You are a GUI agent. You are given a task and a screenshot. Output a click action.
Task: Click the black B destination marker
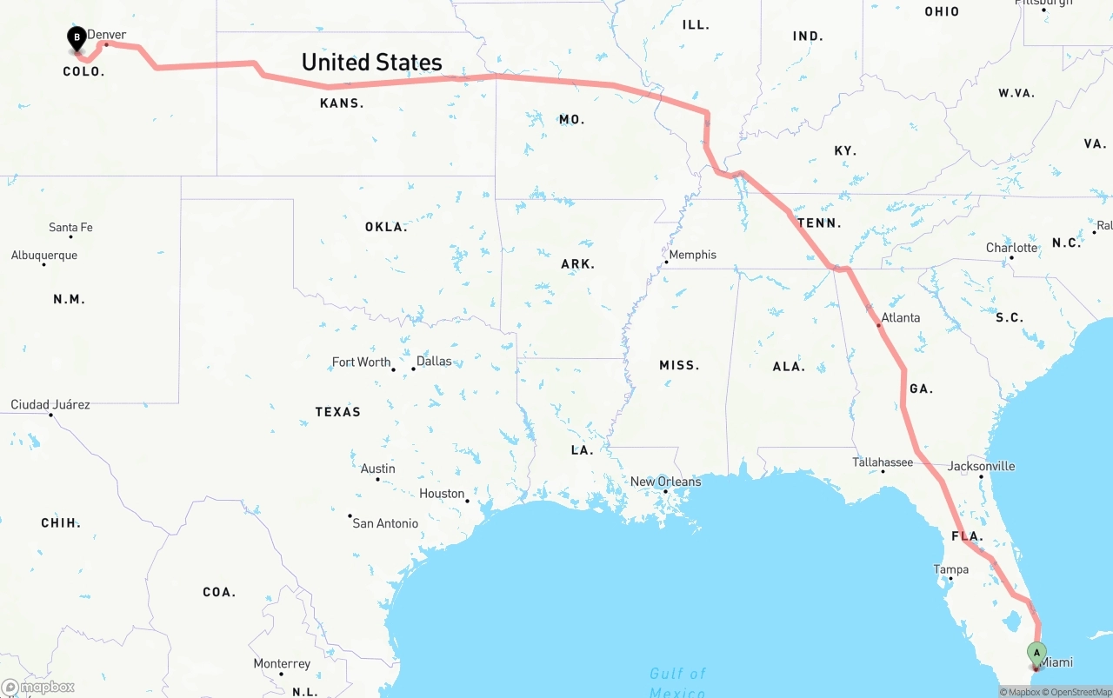click(77, 37)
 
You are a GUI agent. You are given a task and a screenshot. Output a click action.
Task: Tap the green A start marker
click(1036, 653)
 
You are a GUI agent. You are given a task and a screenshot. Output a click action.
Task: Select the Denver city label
click(107, 35)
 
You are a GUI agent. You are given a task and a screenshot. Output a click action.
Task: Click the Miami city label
click(1056, 662)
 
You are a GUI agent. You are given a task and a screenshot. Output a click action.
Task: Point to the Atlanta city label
click(900, 317)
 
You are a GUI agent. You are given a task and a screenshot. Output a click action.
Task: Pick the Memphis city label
click(693, 255)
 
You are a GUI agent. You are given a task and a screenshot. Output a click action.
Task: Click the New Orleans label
click(665, 482)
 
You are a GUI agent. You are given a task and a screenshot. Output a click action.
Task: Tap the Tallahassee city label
click(882, 462)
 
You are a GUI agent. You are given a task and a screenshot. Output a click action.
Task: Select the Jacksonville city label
click(981, 466)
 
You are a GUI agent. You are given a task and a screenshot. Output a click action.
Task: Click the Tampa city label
click(950, 569)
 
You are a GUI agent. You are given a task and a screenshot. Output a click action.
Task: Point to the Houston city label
click(442, 494)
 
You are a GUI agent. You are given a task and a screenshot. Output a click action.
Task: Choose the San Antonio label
click(385, 523)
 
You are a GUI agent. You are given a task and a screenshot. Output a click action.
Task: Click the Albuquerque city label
click(44, 256)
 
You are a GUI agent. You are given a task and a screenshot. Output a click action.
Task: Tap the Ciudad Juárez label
click(50, 405)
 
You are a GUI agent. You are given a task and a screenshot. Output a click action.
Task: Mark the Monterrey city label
click(282, 664)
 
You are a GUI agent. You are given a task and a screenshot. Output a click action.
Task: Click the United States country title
click(371, 63)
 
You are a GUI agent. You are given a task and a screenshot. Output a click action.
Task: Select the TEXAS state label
click(337, 412)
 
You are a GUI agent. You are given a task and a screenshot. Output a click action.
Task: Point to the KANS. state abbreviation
click(342, 103)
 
